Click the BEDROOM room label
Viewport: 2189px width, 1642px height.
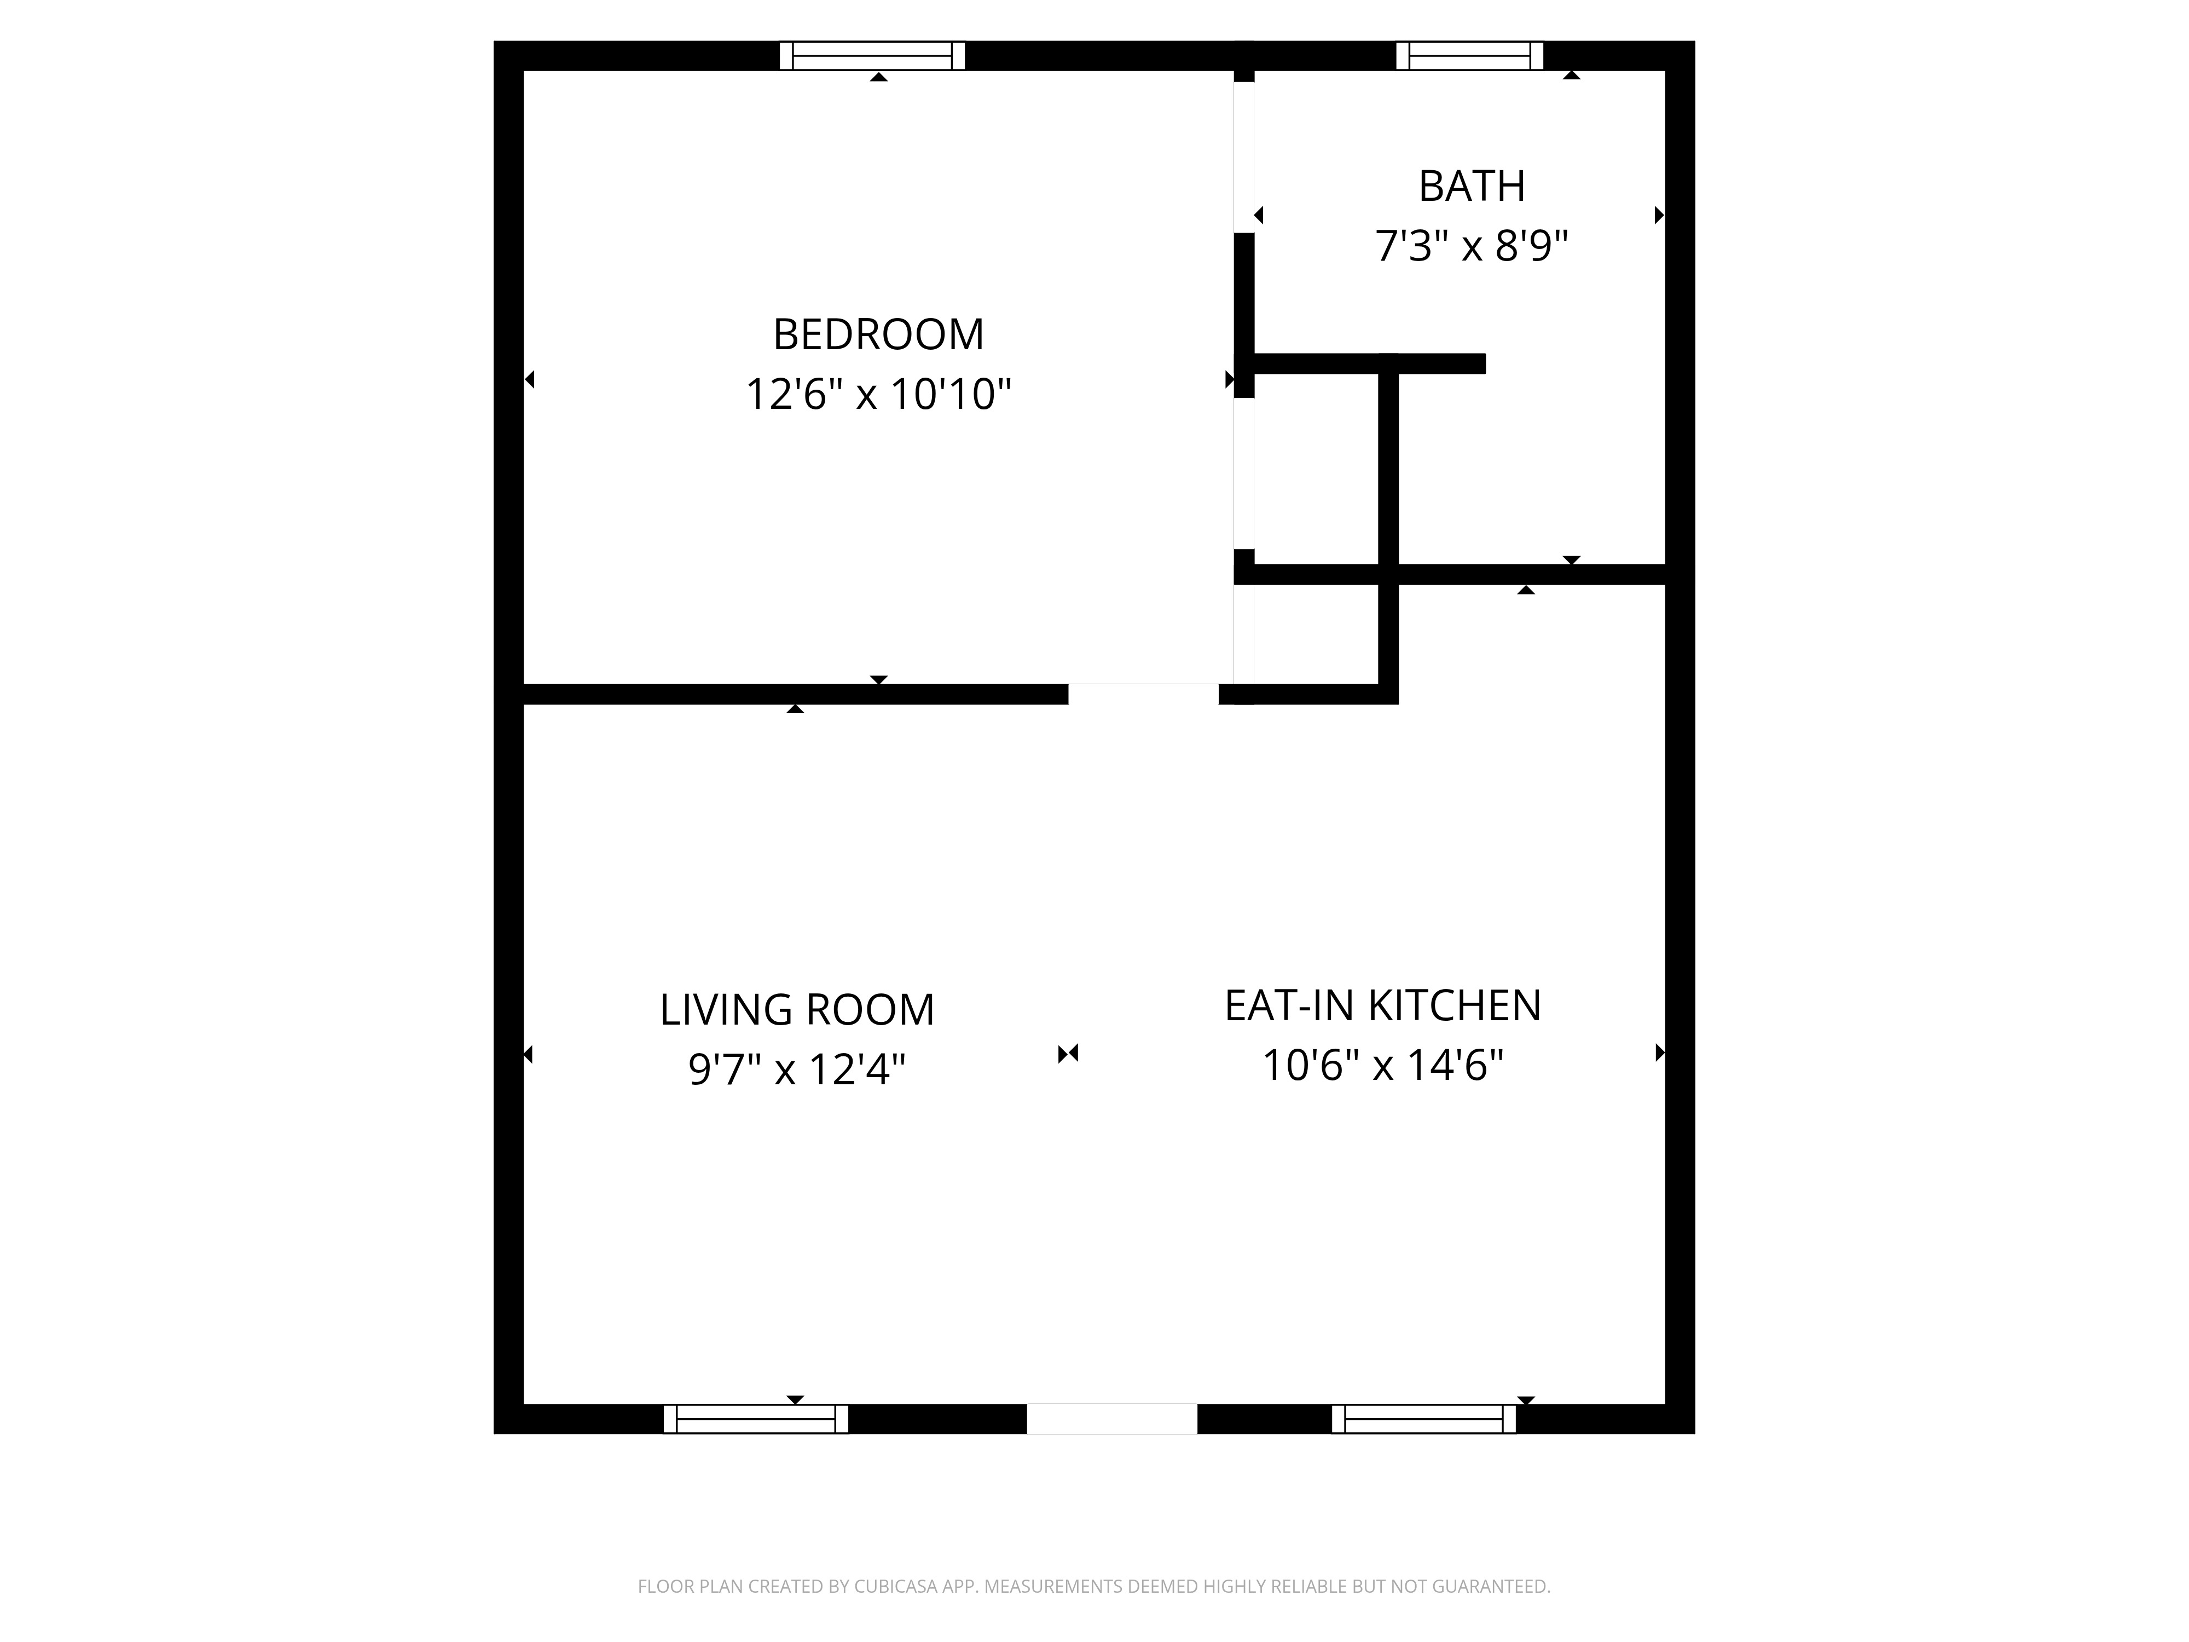point(878,334)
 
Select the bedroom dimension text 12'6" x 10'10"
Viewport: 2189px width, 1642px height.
point(878,394)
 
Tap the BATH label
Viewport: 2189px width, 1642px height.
point(1472,186)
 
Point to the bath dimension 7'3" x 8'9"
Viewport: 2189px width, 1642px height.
point(1472,245)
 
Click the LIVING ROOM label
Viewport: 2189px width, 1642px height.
point(797,1009)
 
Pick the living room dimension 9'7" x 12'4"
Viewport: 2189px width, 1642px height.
point(797,1069)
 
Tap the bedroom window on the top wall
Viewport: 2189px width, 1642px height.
point(872,55)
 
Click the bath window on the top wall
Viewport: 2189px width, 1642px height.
point(1469,55)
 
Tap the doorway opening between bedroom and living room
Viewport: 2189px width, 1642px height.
point(1143,694)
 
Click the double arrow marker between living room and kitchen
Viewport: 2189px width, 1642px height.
point(1068,1054)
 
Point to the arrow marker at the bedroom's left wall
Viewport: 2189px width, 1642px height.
point(529,379)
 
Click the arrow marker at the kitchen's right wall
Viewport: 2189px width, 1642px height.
point(1660,1053)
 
